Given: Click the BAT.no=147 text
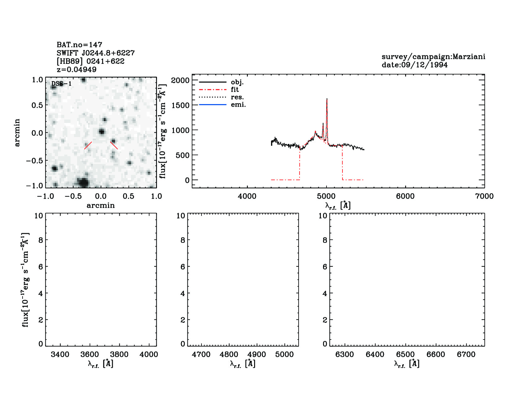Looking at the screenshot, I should tap(79, 45).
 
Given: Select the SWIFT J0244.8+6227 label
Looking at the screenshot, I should tap(96, 53).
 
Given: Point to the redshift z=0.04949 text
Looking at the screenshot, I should tap(76, 69).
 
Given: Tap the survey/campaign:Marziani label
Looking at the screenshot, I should tap(433, 57).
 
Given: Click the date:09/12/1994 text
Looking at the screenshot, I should tap(414, 65).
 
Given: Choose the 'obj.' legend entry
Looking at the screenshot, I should tap(237, 82).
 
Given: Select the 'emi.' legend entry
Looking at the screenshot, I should tap(238, 105).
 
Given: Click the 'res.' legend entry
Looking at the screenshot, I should tap(237, 97).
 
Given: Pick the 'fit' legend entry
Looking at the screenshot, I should tap(235, 90).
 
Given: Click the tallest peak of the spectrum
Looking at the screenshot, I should tap(327, 99).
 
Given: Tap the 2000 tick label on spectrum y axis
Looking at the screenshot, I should tap(180, 80).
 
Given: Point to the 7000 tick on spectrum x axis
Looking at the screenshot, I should tap(484, 196).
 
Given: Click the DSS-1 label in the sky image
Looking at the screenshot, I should tap(61, 84).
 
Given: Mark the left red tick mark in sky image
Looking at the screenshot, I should tap(88, 145).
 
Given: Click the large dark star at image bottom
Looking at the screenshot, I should tap(83, 182).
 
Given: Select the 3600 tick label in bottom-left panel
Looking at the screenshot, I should tap(90, 355).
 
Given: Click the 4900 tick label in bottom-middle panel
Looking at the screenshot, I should tap(257, 355).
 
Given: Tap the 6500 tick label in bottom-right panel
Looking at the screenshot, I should tap(405, 355).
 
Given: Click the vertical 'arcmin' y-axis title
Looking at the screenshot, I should tap(17, 132).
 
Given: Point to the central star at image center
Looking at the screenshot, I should tap(101, 131).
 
